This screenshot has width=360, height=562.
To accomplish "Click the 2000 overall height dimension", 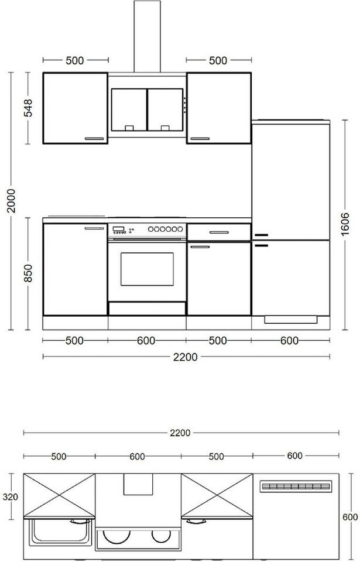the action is point(12,201).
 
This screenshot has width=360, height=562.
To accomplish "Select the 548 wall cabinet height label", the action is point(28,108).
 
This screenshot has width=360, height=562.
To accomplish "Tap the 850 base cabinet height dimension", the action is point(28,273).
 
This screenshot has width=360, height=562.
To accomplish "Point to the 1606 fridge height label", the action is point(345,224).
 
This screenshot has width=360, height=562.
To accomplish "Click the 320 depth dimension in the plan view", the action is point(10,497).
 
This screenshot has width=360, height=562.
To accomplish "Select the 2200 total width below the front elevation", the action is point(186,357).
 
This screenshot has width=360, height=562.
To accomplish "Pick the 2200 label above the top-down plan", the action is point(180,433).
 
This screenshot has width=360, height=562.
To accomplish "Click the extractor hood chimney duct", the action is point(148,36).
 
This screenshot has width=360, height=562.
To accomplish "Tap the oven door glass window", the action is point(147,269).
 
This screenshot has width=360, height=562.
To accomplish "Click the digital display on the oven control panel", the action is point(118,229).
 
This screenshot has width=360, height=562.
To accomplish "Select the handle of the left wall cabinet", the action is point(94,139).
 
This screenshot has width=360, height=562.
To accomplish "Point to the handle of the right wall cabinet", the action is point(200,139).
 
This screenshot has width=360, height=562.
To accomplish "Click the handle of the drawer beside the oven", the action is point(219,232).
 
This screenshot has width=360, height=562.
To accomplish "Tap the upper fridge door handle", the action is point(261,235).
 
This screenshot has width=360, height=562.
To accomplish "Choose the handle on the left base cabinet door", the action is point(94,228).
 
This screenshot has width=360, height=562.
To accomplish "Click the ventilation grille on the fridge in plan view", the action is point(296,486).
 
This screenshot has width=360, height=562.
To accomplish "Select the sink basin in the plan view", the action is point(60,532).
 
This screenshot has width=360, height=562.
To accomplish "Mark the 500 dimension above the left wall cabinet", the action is point(74,60).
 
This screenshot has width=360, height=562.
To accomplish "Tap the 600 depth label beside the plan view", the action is point(350,517).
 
